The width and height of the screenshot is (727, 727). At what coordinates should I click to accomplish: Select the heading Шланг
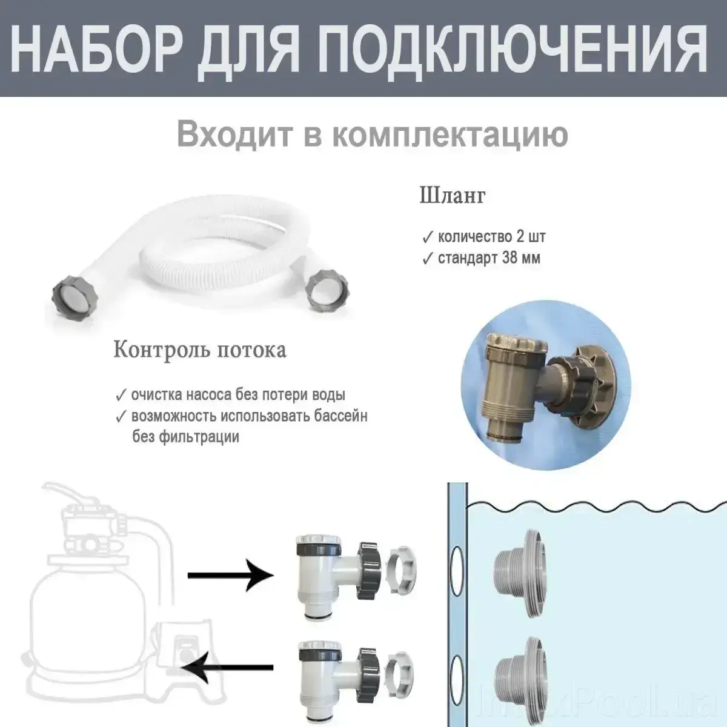(453, 196)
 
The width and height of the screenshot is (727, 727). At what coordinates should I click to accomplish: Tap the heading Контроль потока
(200, 350)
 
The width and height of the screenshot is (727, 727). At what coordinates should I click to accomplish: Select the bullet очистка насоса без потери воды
(238, 395)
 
